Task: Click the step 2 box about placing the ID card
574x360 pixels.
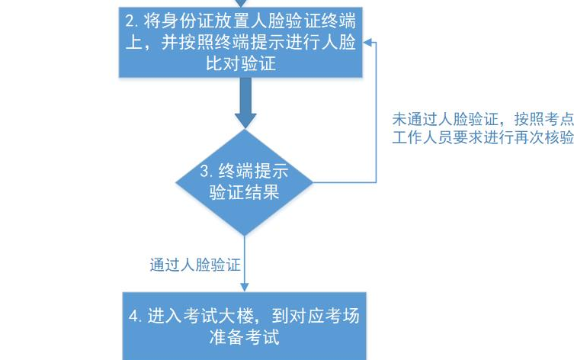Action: tap(242, 43)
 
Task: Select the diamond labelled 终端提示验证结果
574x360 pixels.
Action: tap(244, 182)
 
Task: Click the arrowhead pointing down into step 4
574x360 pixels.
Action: tap(244, 285)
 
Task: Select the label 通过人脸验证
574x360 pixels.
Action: tap(195, 265)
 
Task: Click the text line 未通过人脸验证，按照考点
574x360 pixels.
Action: tap(482, 120)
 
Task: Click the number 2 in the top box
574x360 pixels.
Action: tap(130, 19)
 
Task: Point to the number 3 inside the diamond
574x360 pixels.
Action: tap(204, 170)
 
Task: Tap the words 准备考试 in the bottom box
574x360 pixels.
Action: tap(244, 337)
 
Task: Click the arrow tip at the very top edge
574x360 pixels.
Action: tap(242, 2)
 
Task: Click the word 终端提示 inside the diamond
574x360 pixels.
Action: tap(253, 170)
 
